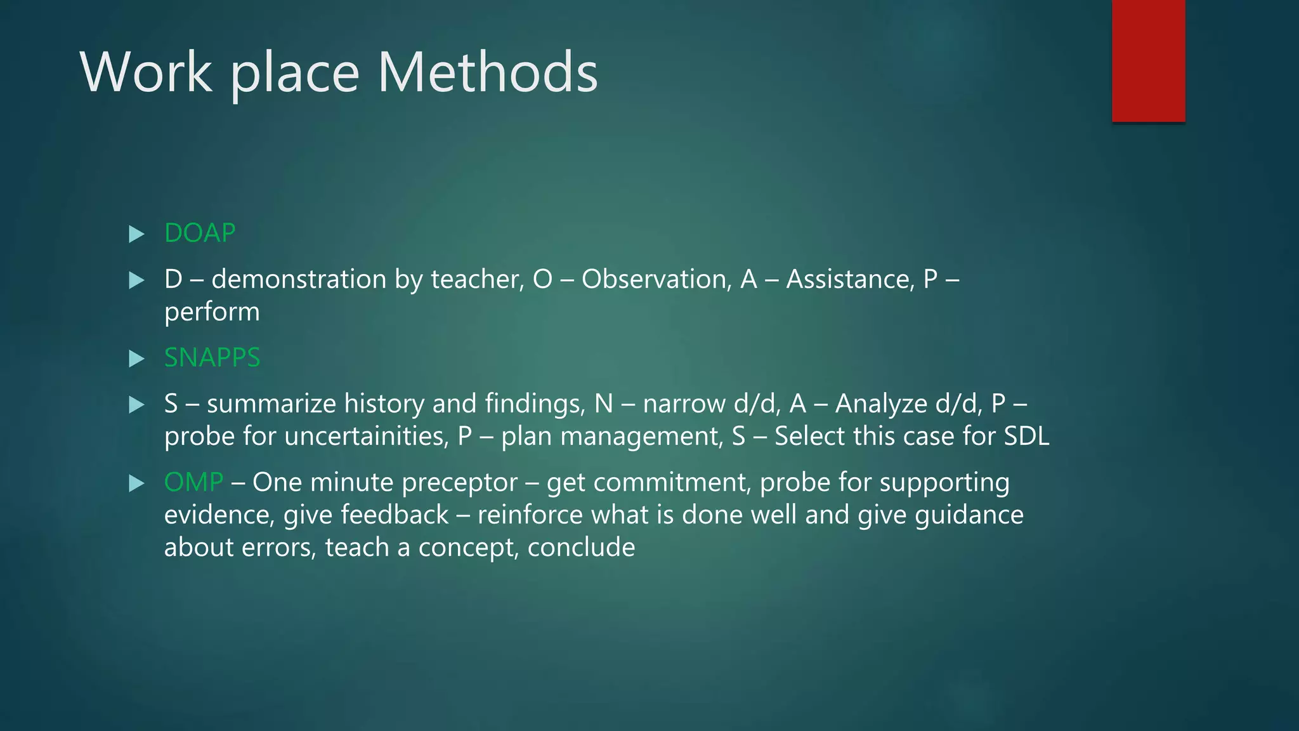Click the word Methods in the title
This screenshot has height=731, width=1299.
point(487,72)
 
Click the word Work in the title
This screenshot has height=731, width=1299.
point(146,72)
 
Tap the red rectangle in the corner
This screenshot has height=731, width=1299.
point(1148,60)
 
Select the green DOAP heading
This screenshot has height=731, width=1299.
point(200,233)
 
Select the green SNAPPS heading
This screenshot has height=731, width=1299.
point(212,358)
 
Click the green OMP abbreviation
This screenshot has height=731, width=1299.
point(193,482)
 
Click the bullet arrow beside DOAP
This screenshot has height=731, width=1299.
point(136,234)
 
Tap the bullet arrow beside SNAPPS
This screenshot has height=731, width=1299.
point(136,359)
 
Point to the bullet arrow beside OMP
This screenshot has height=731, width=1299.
point(136,484)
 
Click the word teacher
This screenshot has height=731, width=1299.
point(477,279)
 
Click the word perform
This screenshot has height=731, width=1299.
point(212,312)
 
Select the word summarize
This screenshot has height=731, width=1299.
point(271,404)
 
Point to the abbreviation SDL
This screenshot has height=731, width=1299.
point(1026,437)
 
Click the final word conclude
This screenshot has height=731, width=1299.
point(581,548)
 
